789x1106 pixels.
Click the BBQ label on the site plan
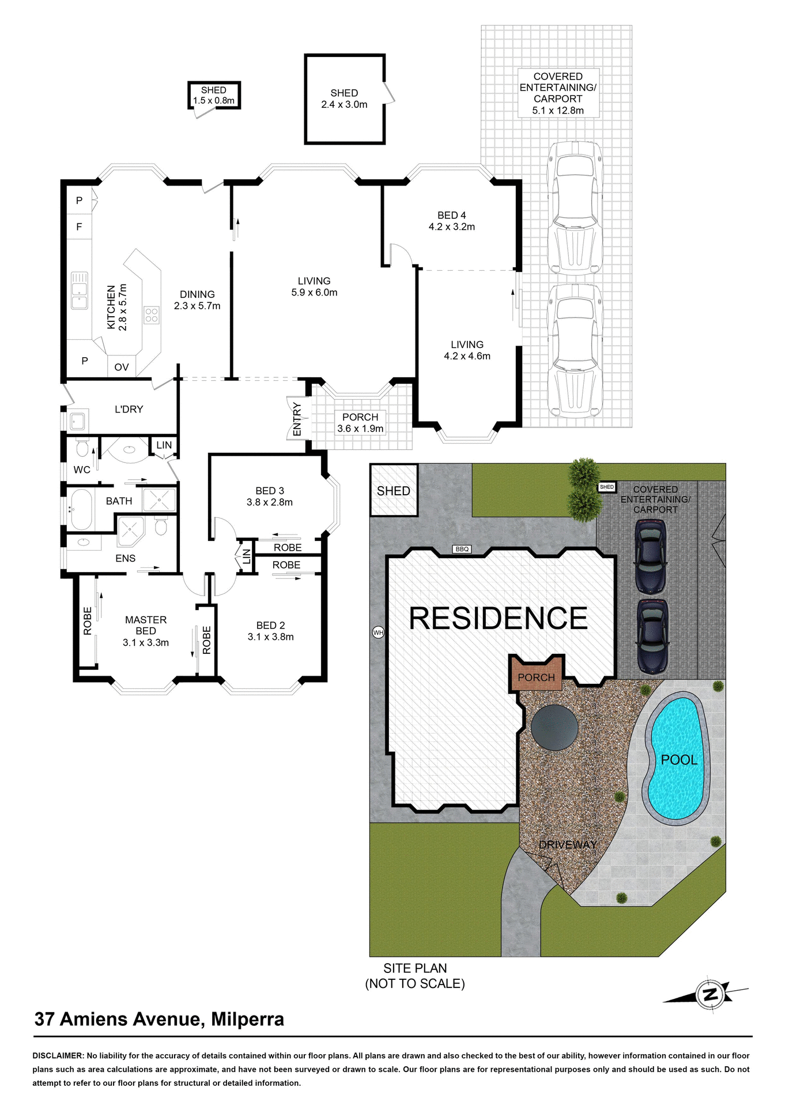click(462, 549)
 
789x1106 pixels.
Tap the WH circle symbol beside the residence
click(378, 632)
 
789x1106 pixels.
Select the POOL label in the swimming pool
click(679, 760)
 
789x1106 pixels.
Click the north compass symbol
click(710, 994)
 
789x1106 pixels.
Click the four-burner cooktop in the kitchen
click(152, 315)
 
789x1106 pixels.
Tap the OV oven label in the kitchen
click(122, 367)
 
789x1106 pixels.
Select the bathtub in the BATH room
click(81, 509)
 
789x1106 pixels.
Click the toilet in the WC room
click(82, 448)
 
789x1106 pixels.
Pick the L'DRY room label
click(129, 409)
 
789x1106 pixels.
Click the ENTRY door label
click(297, 419)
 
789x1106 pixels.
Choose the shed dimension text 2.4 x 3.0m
click(344, 105)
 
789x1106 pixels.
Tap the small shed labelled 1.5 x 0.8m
click(214, 96)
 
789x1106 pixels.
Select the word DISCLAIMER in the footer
click(58, 1056)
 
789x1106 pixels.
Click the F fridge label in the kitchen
click(79, 227)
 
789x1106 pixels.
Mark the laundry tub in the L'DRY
click(77, 421)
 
